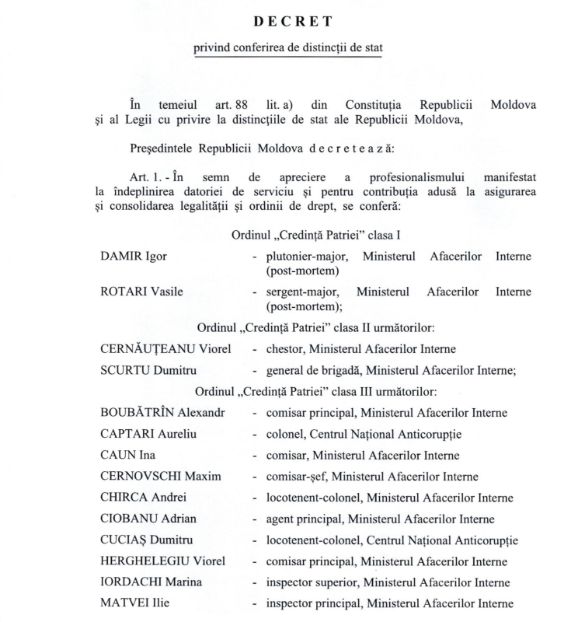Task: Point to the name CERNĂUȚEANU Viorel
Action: click(x=165, y=348)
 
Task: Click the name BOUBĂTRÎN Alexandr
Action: click(x=162, y=413)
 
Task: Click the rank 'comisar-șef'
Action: click(x=296, y=477)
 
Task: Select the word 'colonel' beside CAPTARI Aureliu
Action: click(x=284, y=434)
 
